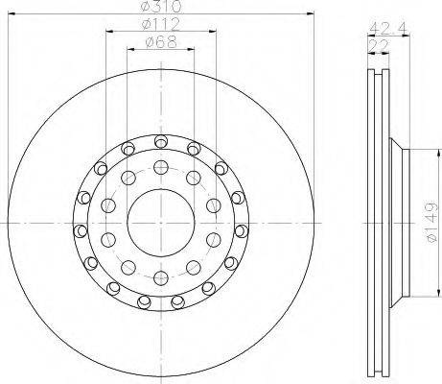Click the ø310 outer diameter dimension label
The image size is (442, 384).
point(161,6)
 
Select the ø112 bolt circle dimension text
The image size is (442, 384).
point(161,24)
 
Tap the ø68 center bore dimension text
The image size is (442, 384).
point(161,42)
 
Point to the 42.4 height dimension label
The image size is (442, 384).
point(388,28)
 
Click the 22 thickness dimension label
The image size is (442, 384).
point(379,46)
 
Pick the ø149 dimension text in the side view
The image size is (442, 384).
point(431,222)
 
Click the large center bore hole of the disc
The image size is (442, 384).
point(161,223)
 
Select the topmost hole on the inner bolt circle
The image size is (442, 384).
point(161,166)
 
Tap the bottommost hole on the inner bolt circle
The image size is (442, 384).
point(161,278)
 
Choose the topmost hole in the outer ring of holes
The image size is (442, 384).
point(161,141)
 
